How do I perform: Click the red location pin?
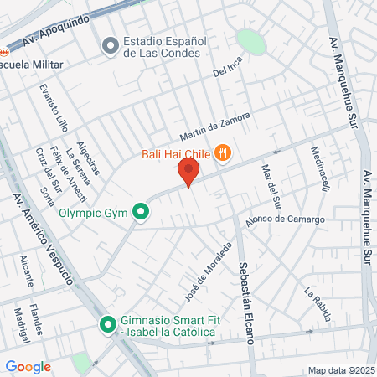pyautogui.click(x=188, y=173)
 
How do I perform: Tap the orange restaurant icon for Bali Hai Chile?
pyautogui.click(x=222, y=152)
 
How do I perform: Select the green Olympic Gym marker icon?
pyautogui.click(x=142, y=213)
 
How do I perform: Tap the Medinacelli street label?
pyautogui.click(x=320, y=168)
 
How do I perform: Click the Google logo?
pyautogui.click(x=28, y=367)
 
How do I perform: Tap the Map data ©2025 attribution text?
pyautogui.click(x=341, y=370)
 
